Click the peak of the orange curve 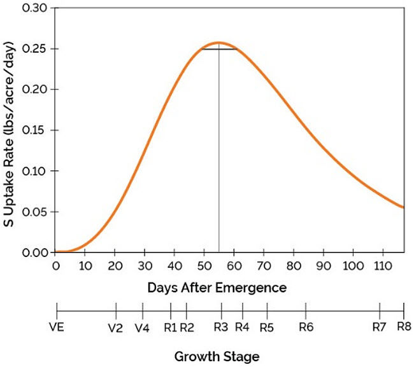[218, 43]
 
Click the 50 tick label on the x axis [204, 265]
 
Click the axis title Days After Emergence [217, 287]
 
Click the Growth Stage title [217, 356]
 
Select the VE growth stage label [57, 328]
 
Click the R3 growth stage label [221, 328]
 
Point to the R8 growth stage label [404, 328]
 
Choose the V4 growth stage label [143, 328]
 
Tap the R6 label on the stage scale [306, 328]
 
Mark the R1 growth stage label [171, 328]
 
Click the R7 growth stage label [380, 328]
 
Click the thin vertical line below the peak [219, 159]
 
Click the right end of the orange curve [403, 207]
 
